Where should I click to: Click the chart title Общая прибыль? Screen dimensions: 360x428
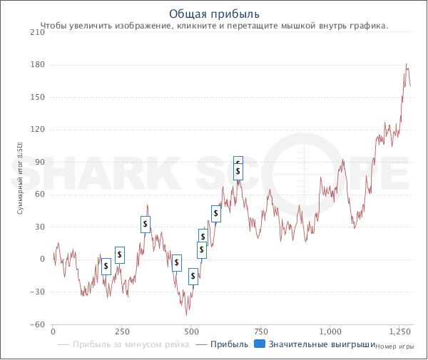(214, 14)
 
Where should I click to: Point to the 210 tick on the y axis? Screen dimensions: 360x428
(37, 32)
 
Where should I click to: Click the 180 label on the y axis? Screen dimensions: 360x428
(37, 65)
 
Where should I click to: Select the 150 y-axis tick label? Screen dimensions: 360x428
(37, 97)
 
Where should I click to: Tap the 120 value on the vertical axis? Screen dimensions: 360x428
(37, 130)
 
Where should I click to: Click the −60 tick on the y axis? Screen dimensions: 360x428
(36, 324)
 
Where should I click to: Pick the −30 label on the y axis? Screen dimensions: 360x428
(36, 292)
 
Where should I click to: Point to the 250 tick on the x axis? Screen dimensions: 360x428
(122, 332)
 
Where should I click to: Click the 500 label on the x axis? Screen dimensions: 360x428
(191, 332)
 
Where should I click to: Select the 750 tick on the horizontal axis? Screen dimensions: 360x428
(260, 332)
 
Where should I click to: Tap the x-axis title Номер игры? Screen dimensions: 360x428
(394, 347)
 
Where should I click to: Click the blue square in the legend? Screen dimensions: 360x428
(260, 345)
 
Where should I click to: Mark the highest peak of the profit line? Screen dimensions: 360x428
(407, 64)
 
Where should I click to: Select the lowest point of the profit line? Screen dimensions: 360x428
(188, 315)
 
